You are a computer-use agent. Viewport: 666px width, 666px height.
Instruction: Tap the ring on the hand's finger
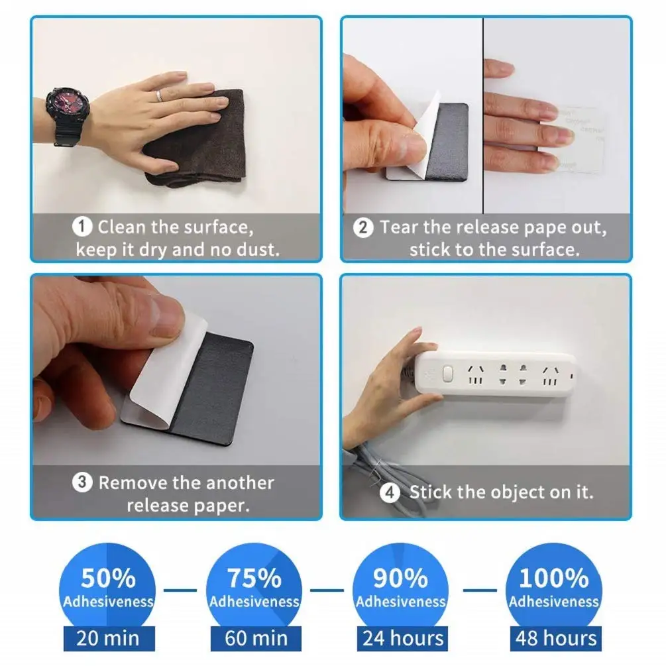[x=159, y=96]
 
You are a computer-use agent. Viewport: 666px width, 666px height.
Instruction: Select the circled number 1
[x=82, y=228]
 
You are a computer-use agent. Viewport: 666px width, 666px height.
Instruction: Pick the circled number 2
[x=362, y=228]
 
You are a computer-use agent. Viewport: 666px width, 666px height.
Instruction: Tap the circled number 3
[x=82, y=482]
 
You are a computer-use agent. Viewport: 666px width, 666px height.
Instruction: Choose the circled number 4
[x=391, y=493]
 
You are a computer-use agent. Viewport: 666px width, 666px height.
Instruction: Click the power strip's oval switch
[x=447, y=374]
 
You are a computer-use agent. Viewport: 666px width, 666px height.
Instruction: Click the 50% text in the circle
[x=108, y=579]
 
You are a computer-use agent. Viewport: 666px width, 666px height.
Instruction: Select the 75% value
[x=254, y=579]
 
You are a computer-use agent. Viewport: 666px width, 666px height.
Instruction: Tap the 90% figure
[x=400, y=579]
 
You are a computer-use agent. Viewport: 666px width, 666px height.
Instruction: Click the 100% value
[x=553, y=579]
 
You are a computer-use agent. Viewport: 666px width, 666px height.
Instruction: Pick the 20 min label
[x=108, y=638]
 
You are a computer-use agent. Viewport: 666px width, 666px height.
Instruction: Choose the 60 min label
[x=255, y=638]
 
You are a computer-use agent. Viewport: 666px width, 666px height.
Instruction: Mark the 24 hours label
[x=403, y=638]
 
